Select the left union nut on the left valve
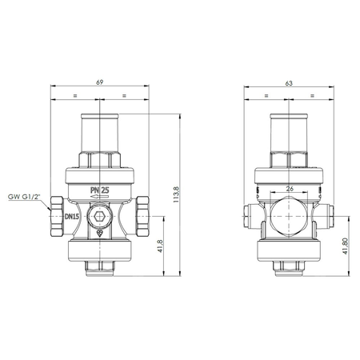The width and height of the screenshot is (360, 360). [58, 217]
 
